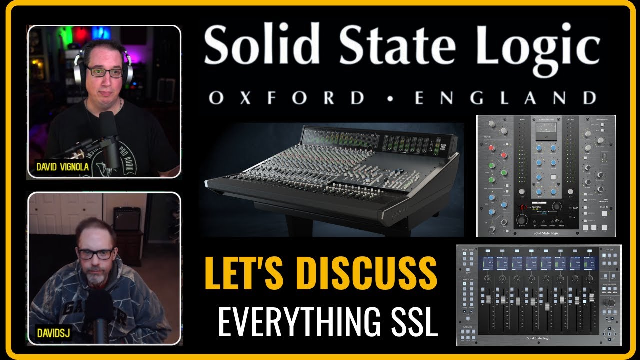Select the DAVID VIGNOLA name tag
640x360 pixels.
pos(63,167)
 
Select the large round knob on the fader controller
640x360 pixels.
pos(610,304)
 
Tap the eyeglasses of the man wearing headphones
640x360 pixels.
pos(105,72)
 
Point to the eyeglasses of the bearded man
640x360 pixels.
pos(95,254)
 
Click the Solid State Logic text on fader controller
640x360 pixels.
pos(539,338)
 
